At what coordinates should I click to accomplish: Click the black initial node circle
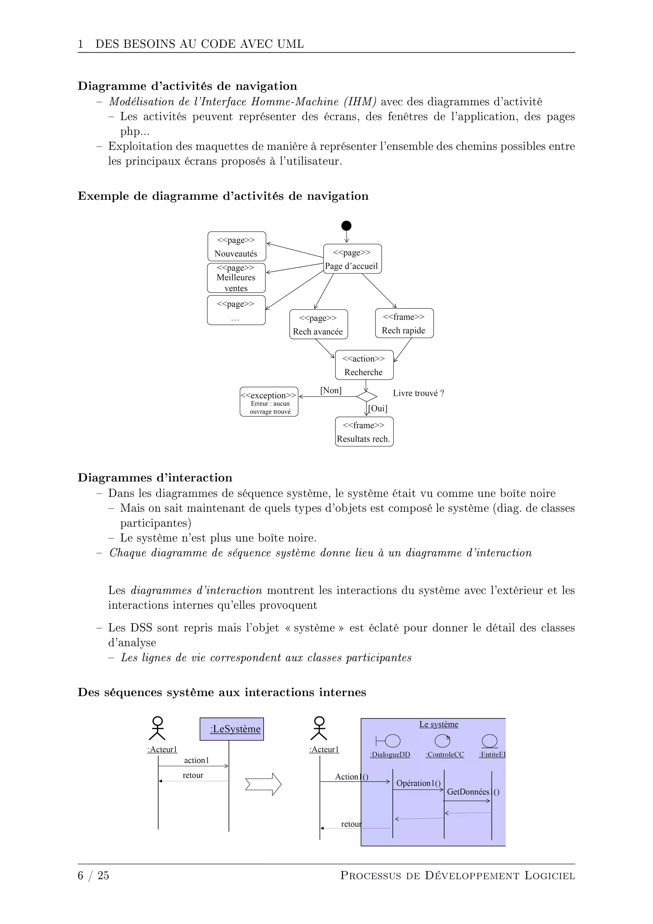[x=346, y=226]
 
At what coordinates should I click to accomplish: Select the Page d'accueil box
[x=352, y=259]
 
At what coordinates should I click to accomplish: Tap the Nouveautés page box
[x=237, y=246]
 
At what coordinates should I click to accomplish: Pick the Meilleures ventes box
[x=236, y=278]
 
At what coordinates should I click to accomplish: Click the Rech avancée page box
[x=318, y=324]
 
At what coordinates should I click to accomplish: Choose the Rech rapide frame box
[x=404, y=323]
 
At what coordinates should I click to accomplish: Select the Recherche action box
[x=364, y=365]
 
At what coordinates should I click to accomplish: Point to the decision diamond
[x=366, y=396]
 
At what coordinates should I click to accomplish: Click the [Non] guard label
[x=331, y=390]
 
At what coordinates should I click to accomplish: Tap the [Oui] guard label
[x=378, y=408]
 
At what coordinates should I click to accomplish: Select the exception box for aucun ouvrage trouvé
[x=269, y=402]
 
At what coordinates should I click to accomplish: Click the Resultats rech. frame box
[x=364, y=432]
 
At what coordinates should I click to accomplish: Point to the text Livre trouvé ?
[x=418, y=393]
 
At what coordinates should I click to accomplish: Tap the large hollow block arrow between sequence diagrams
[x=263, y=784]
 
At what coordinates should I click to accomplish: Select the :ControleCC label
[x=445, y=755]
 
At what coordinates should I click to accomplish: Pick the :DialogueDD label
[x=390, y=755]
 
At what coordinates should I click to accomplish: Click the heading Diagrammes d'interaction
[x=155, y=478]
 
